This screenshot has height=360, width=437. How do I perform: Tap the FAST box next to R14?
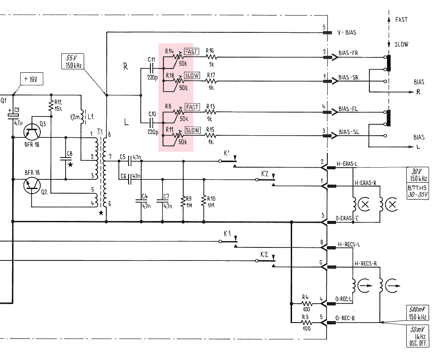(192, 52)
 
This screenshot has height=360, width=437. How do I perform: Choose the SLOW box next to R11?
(192, 130)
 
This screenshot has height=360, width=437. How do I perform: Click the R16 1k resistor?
(211, 57)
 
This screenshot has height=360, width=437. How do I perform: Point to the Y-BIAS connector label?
(347, 32)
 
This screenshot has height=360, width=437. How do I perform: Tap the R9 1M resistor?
(183, 201)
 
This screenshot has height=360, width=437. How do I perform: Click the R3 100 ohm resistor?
(306, 323)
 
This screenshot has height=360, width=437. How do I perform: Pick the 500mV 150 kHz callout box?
(418, 313)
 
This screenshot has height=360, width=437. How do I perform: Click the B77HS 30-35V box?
(418, 191)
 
